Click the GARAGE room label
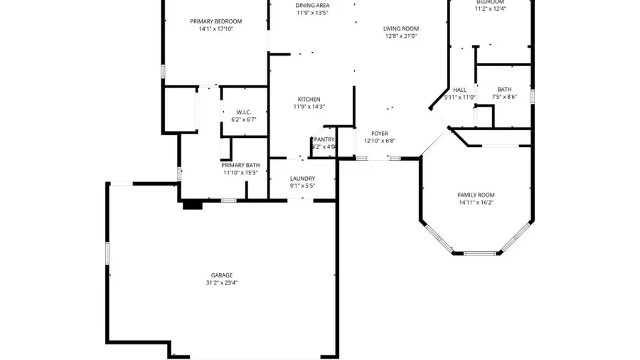221,275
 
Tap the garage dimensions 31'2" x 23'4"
221,282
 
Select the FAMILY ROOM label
476,195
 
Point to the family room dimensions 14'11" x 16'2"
476,203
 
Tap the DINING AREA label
313,6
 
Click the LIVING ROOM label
401,28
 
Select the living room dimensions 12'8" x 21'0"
401,36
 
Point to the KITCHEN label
309,99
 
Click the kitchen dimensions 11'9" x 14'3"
309,107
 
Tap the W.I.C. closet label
244,112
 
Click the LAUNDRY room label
302,179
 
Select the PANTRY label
324,139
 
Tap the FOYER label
380,133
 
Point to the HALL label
459,90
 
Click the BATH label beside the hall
504,90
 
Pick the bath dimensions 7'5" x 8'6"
504,97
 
